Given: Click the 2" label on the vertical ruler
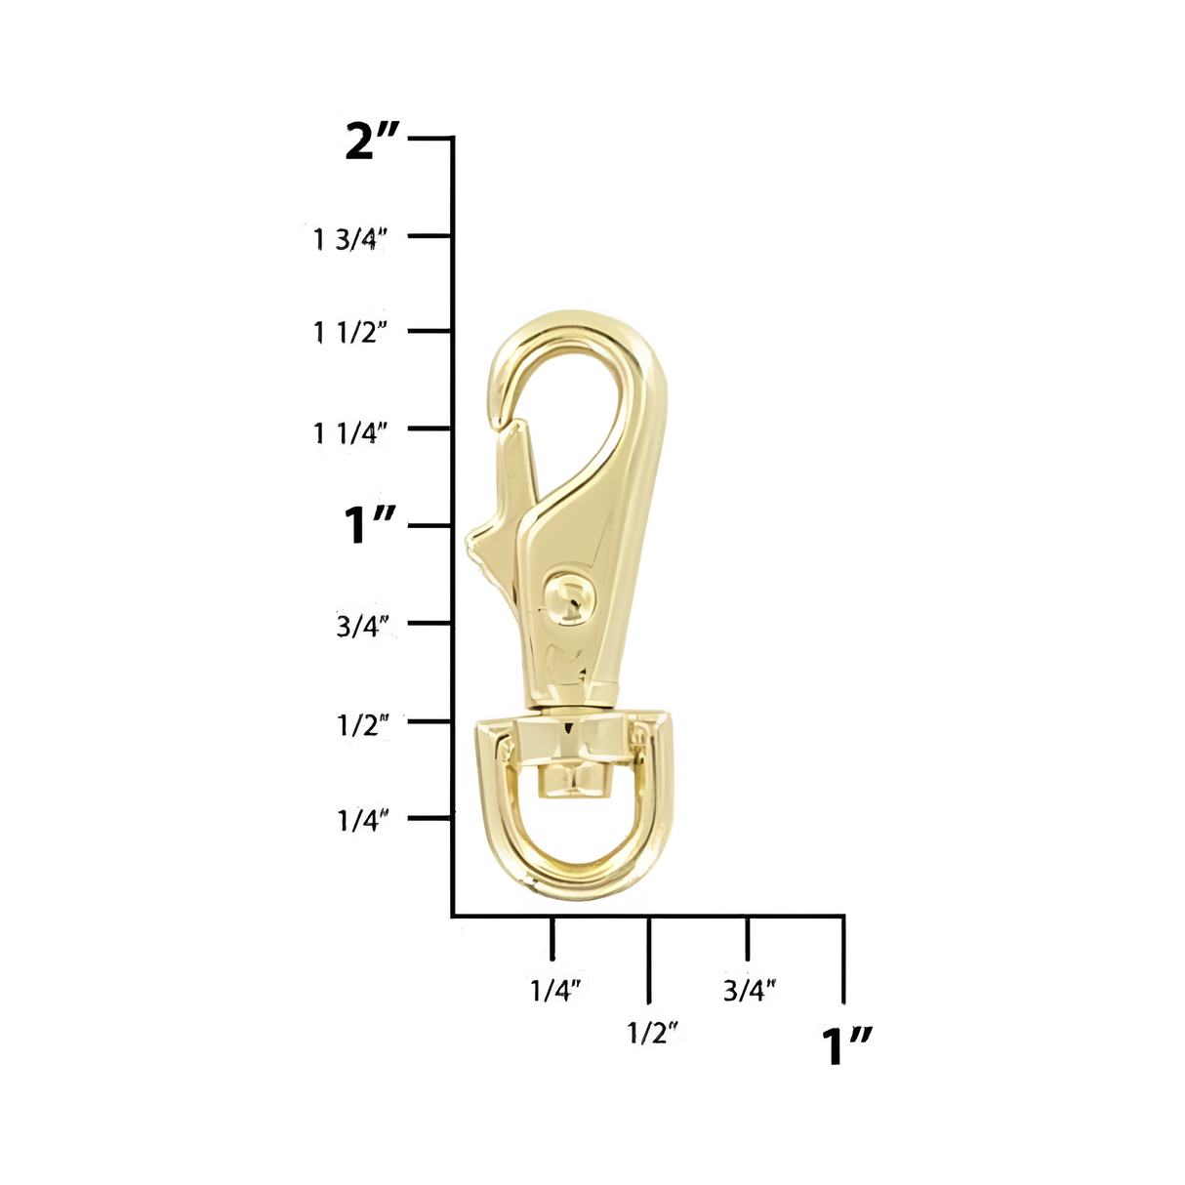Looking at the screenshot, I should [x=373, y=142].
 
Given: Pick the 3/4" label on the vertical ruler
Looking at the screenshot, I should [x=363, y=626].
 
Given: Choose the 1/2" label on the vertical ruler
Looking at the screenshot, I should [x=363, y=724].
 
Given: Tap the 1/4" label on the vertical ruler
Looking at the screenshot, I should [x=363, y=821].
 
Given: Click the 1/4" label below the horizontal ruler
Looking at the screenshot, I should [x=555, y=991].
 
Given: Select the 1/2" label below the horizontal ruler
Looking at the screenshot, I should [x=652, y=1033].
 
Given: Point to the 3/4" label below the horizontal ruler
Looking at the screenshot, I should [x=750, y=991].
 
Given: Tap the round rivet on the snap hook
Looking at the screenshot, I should [x=566, y=597].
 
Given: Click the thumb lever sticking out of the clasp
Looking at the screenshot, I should [x=483, y=543].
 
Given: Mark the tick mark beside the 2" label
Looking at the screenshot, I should [x=429, y=139].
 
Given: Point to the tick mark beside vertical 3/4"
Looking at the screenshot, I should [x=429, y=623].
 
